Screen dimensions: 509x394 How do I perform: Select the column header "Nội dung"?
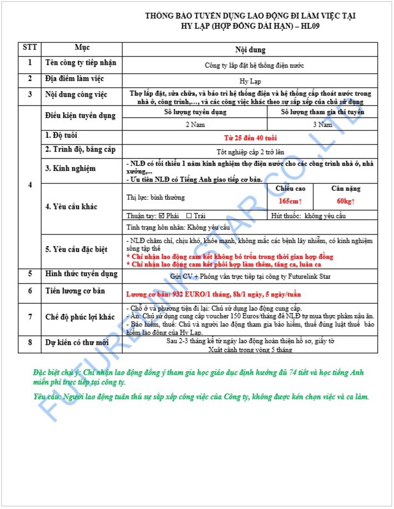pos(250,50)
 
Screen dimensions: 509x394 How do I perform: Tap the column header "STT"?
pos(30,48)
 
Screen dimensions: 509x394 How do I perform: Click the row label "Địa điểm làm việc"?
pos(74,79)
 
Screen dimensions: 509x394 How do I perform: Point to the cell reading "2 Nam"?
pos(195,125)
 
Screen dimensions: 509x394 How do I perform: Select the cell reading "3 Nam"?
pos(323,125)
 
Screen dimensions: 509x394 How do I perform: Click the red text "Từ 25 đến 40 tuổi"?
pos(250,138)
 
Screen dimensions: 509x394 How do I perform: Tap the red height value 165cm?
pos(290,201)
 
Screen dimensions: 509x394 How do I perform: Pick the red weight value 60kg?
pos(345,201)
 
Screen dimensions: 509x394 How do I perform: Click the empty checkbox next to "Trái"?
pos(189,216)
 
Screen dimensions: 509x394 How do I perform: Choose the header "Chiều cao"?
pos(291,189)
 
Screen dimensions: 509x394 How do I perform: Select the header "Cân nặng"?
pos(345,189)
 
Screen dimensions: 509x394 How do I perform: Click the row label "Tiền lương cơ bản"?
pos(75,291)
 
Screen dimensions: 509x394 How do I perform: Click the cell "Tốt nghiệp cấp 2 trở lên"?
pos(250,152)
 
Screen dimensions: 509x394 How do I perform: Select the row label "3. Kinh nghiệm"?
pos(70,169)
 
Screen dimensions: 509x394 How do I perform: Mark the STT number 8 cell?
pos(30,343)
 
